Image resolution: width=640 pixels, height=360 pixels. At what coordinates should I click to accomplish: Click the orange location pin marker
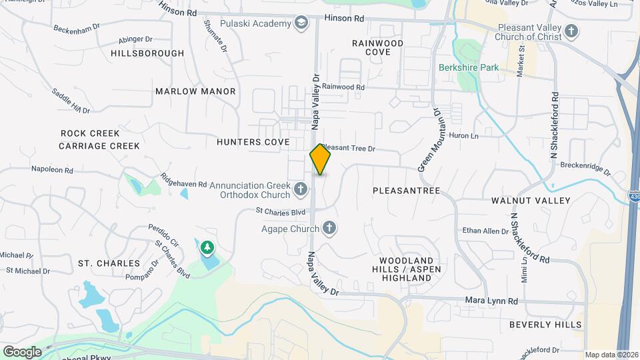pos(320,159)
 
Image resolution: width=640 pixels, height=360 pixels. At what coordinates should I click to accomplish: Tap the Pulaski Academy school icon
pos(301,24)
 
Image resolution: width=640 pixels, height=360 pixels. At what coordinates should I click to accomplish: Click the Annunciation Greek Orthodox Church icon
pos(301,190)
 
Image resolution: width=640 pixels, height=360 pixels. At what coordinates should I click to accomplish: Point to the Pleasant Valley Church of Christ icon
pos(571,31)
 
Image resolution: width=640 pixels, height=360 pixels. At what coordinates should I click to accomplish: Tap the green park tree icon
pos(207,249)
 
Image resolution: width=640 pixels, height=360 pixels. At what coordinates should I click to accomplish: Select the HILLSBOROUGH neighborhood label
pos(147,53)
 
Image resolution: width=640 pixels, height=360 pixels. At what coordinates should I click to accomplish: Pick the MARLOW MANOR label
pos(195,91)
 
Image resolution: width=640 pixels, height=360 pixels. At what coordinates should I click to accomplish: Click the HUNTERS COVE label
pos(253,142)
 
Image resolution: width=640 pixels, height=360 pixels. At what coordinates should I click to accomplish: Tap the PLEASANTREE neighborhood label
pos(406,191)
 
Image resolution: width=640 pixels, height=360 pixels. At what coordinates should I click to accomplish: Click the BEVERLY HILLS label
pos(545,325)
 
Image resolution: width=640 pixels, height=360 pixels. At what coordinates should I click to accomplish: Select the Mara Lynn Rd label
pos(491,301)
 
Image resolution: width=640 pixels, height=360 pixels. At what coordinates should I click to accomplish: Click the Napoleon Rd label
pos(51,170)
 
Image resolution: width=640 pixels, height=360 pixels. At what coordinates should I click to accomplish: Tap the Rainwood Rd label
pos(343,87)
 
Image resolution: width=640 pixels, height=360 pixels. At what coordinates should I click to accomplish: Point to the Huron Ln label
pos(465,136)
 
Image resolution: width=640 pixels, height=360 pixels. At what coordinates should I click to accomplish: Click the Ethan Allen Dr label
pos(485,231)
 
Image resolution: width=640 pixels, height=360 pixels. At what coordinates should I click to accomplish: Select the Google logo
pos(22,351)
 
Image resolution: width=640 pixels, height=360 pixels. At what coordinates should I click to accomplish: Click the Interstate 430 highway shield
pos(633,196)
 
